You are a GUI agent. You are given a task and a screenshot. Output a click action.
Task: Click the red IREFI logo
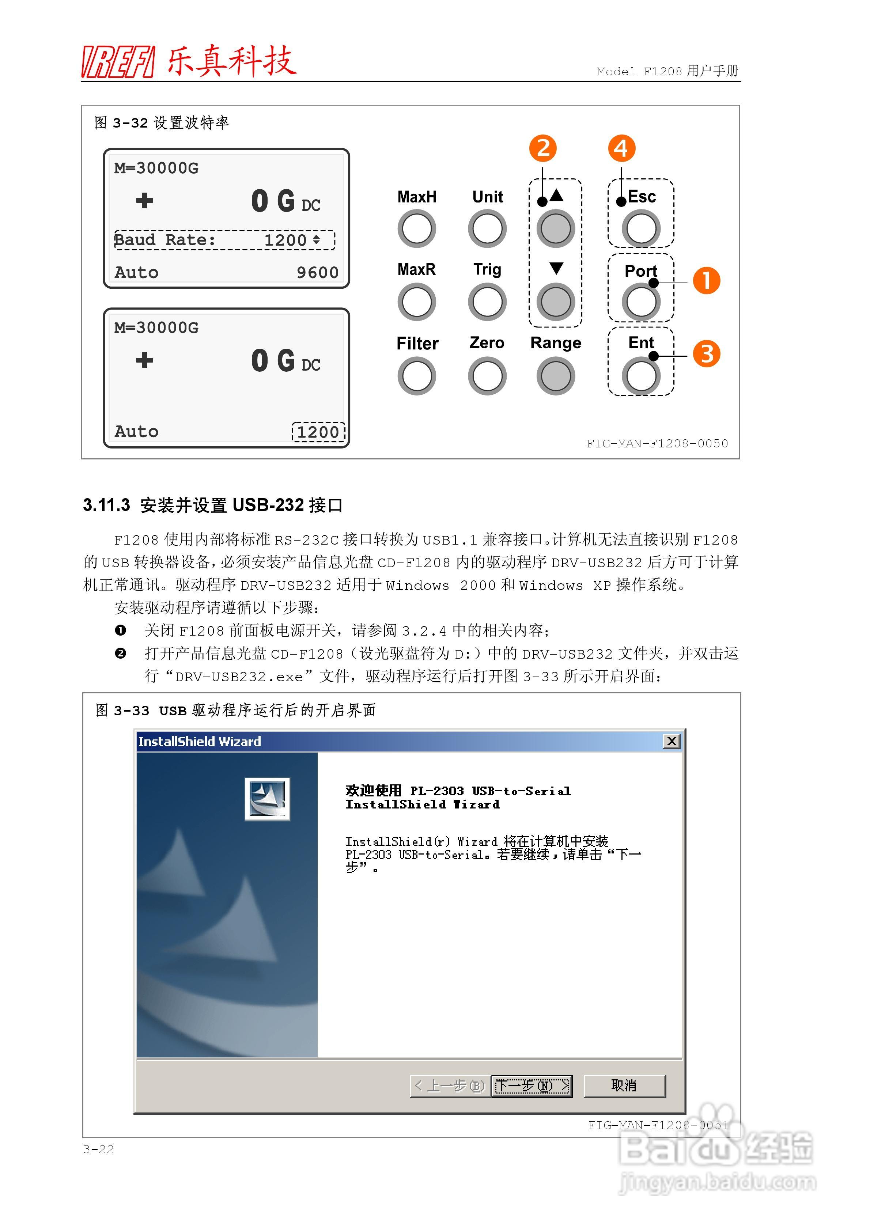coord(118,62)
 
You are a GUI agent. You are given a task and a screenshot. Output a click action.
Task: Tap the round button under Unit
coord(487,229)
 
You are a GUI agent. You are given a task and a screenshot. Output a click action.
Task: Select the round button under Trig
coord(487,302)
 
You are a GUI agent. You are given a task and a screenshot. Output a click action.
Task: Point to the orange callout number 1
coord(706,281)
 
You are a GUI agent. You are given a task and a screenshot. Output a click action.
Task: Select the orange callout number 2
coord(543,148)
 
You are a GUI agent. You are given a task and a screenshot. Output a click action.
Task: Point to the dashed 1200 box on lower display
coord(318,432)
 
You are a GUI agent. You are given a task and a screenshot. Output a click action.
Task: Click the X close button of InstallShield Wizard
coord(672,742)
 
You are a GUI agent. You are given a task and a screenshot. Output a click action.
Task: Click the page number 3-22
coord(99,1149)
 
